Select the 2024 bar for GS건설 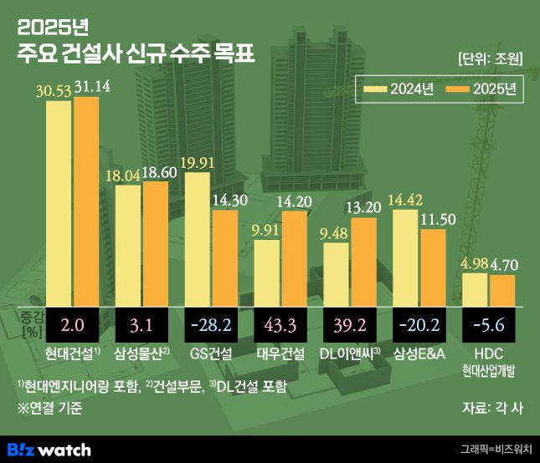197,237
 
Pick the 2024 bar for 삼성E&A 406,257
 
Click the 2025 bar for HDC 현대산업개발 502,289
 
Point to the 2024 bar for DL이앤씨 336,273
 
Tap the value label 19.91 198,162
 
